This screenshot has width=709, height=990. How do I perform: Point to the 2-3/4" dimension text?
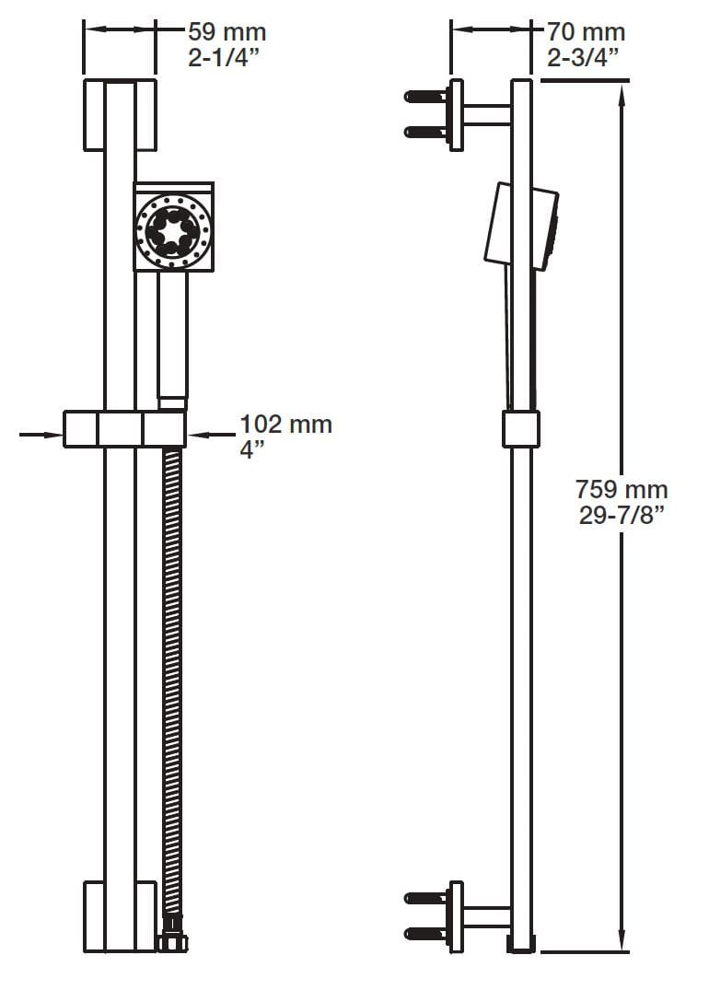[x=583, y=59]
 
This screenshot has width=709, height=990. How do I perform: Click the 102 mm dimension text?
[x=285, y=425]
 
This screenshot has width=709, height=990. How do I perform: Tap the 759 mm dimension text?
[x=622, y=489]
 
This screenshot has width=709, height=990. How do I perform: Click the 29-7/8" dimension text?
[x=622, y=516]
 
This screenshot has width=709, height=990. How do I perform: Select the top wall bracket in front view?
[x=120, y=115]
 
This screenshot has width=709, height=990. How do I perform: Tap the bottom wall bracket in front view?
[x=120, y=915]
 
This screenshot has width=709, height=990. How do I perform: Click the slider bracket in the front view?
[x=124, y=429]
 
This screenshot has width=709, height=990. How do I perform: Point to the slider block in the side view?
[x=521, y=429]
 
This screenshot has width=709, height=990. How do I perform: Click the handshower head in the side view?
[x=522, y=227]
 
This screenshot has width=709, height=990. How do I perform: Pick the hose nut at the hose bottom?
[x=170, y=941]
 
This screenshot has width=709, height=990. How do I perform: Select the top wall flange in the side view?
[x=456, y=115]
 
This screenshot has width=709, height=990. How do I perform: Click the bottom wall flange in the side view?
[x=456, y=915]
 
